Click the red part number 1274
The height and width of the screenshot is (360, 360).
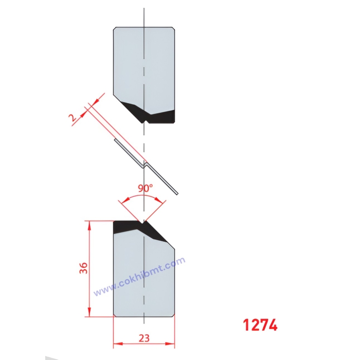pos(260,325)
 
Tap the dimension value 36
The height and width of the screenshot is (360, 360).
pos(84,269)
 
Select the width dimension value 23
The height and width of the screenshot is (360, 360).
pos(144,338)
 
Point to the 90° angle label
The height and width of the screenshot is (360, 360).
pos(144,188)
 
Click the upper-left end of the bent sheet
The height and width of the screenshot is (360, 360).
pos(115,141)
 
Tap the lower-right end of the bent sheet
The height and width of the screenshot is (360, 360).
pos(177,194)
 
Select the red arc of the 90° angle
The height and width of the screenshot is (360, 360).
pos(144,197)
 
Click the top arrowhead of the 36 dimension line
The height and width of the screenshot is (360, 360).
pos(89,223)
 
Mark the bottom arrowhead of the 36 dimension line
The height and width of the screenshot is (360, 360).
pos(89,314)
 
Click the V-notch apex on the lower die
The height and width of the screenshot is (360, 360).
pos(144,223)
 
